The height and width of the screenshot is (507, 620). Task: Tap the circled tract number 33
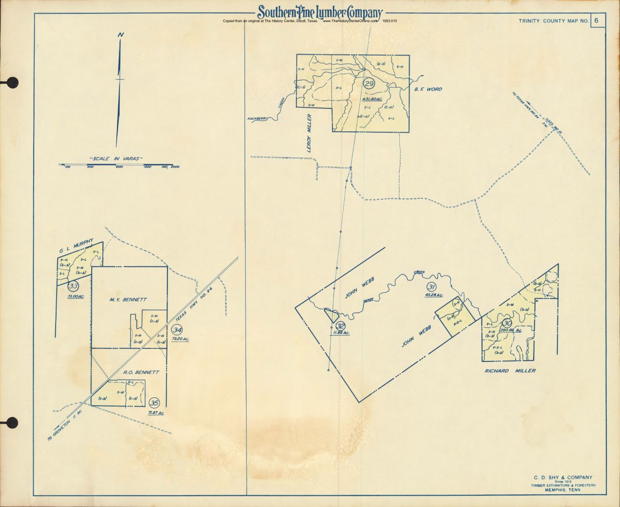[x=74, y=286]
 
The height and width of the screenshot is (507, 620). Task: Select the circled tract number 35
[x=154, y=402]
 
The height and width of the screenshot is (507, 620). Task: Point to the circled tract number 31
[x=431, y=287]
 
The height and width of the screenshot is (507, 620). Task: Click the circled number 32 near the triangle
[x=341, y=326]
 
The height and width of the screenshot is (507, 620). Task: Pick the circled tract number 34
[x=177, y=330]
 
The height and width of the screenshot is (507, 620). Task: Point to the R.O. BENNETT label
[x=141, y=372]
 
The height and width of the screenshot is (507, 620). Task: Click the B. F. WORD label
[x=428, y=89]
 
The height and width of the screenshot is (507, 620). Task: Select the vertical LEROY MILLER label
[x=309, y=133]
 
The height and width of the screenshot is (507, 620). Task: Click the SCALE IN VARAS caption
[x=115, y=159]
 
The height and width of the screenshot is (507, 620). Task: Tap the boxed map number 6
[x=597, y=21]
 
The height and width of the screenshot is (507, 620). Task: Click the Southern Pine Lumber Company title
[x=320, y=12]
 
